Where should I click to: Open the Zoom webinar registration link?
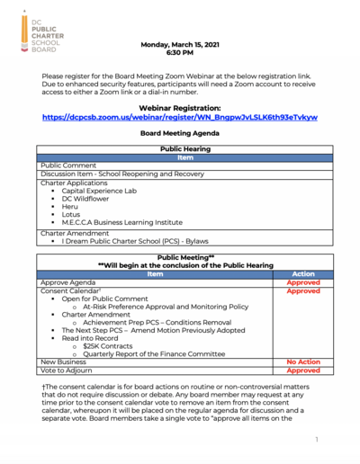pos(179,117)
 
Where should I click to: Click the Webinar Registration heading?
pos(179,107)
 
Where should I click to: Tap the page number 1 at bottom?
pos(318,440)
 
